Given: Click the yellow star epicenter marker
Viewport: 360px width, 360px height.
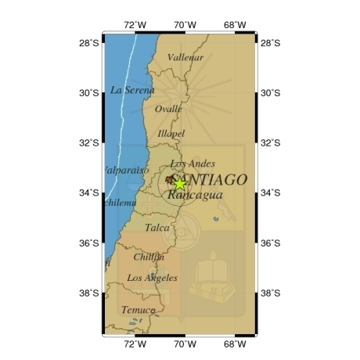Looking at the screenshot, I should pos(179,184).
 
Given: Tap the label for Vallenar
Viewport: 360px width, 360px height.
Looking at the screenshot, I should pos(186,57).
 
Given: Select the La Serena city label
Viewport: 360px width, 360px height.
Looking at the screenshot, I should pos(133,90).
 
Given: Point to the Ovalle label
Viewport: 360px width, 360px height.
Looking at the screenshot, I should pos(168,110).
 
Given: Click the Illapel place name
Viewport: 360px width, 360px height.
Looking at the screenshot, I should pos(171,134).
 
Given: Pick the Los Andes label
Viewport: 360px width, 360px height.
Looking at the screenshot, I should pos(192,164).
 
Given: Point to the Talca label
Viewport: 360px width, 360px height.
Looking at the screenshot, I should pos(157,228).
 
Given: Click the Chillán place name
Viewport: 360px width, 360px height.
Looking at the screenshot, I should pos(149,257).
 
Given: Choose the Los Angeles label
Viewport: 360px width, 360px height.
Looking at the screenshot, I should pos(152,278).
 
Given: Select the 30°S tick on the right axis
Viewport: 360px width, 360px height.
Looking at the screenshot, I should pos(270,92).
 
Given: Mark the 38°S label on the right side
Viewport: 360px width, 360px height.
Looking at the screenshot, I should pos(270,293).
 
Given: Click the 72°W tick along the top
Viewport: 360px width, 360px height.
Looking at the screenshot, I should pos(135,24).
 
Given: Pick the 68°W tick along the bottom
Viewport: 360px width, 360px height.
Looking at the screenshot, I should pos(236,344).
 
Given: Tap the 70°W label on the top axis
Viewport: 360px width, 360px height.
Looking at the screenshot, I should pos(185,24).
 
